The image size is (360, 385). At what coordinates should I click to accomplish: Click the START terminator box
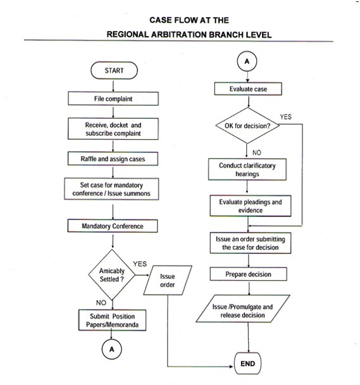(114, 71)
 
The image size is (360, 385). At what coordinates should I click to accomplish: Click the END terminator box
(247, 364)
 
